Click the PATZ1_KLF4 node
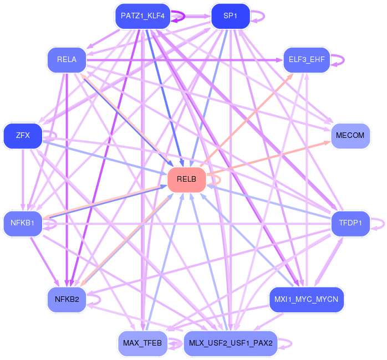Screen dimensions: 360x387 coord(142,16)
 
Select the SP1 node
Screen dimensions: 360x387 coord(230,16)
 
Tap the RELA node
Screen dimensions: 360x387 coord(67,59)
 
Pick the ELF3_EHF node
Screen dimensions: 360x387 coord(307,59)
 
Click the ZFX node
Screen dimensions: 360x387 coord(23,136)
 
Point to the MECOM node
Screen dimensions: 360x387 coord(350,136)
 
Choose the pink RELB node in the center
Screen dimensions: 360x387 coord(186,179)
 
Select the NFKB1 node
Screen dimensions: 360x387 coord(23,224)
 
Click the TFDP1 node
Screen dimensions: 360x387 coord(350,224)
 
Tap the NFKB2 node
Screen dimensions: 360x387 coord(67,300)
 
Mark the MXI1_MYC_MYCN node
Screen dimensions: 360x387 coord(307,300)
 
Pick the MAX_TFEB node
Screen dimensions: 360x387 coord(142,343)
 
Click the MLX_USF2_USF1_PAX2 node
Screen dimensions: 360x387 coord(230,343)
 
